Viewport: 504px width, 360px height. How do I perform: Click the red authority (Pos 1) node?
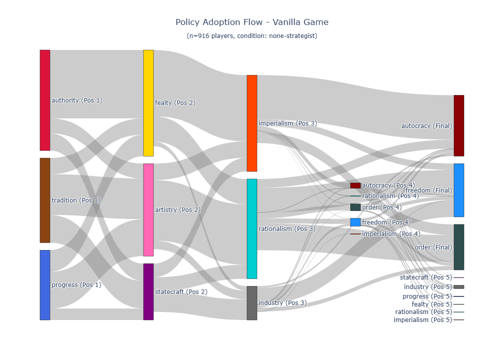pyautogui.click(x=45, y=100)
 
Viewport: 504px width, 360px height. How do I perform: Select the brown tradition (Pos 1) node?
pyautogui.click(x=45, y=200)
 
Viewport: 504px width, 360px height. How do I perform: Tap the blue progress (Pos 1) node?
pyautogui.click(x=45, y=284)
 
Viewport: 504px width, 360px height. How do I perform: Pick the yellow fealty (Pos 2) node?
pyautogui.click(x=148, y=102)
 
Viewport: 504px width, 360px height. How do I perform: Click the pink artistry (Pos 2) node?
pyautogui.click(x=148, y=209)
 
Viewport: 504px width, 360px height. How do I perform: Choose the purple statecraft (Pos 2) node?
pyautogui.click(x=148, y=291)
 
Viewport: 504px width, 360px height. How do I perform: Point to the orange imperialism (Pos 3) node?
pyautogui.click(x=252, y=123)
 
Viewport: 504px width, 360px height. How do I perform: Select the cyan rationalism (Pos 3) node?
pyautogui.click(x=252, y=228)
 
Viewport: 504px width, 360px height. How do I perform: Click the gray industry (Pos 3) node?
pyautogui.click(x=252, y=303)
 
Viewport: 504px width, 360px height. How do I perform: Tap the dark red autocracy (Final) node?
pyautogui.click(x=459, y=125)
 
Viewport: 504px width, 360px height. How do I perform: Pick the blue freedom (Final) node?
pyautogui.click(x=459, y=190)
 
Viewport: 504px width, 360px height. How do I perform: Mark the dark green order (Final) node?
pyautogui.click(x=459, y=247)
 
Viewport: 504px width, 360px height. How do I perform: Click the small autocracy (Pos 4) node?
pyautogui.click(x=355, y=185)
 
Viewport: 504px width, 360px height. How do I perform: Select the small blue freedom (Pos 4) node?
pyautogui.click(x=355, y=222)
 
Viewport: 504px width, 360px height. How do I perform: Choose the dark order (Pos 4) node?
pyautogui.click(x=355, y=207)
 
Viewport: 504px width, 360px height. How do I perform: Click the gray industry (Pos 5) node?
pyautogui.click(x=459, y=287)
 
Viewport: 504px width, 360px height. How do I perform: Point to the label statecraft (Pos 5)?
pyautogui.click(x=425, y=277)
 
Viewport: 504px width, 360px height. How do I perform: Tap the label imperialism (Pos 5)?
pyautogui.click(x=422, y=320)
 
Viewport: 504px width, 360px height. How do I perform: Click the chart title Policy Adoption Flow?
pyautogui.click(x=252, y=22)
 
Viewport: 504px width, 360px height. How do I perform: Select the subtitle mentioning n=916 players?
pyautogui.click(x=252, y=36)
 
